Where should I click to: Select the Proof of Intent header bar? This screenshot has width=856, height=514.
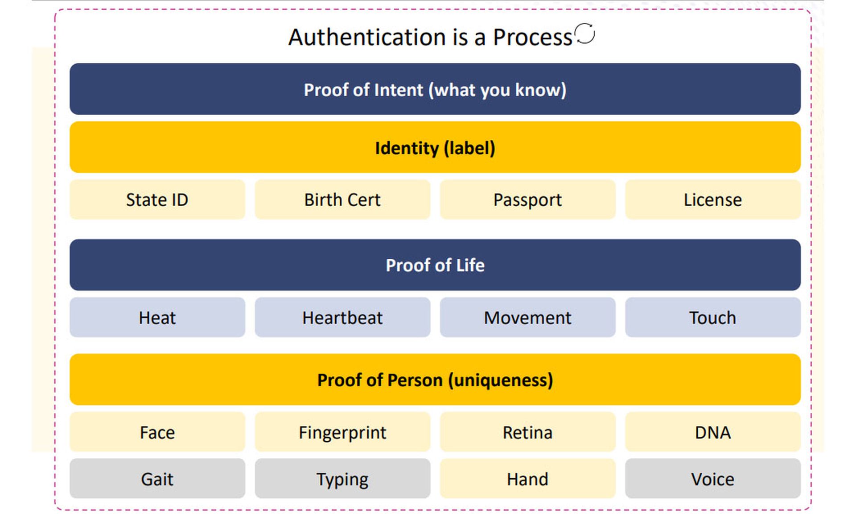pyautogui.click(x=435, y=89)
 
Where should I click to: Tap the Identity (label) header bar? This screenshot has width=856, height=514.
pyautogui.click(x=435, y=147)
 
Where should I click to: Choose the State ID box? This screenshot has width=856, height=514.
pyautogui.click(x=157, y=199)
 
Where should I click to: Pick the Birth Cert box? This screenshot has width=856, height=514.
pyautogui.click(x=342, y=199)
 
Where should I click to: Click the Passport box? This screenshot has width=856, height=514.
pyautogui.click(x=528, y=199)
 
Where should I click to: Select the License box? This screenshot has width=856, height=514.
pyautogui.click(x=713, y=199)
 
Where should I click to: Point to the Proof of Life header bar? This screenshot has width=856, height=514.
pyautogui.click(x=435, y=265)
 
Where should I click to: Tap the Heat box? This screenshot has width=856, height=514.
pyautogui.click(x=157, y=317)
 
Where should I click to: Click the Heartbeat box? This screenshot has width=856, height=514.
pyautogui.click(x=342, y=317)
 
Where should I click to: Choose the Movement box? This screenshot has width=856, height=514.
pyautogui.click(x=528, y=317)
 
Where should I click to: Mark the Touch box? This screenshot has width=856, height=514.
pyautogui.click(x=713, y=317)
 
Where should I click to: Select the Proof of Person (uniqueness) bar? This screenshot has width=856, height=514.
pyautogui.click(x=435, y=380)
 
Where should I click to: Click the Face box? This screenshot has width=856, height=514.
pyautogui.click(x=157, y=432)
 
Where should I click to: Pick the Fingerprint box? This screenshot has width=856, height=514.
pyautogui.click(x=342, y=432)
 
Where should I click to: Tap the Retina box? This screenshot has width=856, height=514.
pyautogui.click(x=528, y=432)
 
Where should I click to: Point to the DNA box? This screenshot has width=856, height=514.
pyautogui.click(x=713, y=432)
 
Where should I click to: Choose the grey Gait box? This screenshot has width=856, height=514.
pyautogui.click(x=157, y=478)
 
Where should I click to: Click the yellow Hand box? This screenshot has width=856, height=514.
pyautogui.click(x=528, y=478)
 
